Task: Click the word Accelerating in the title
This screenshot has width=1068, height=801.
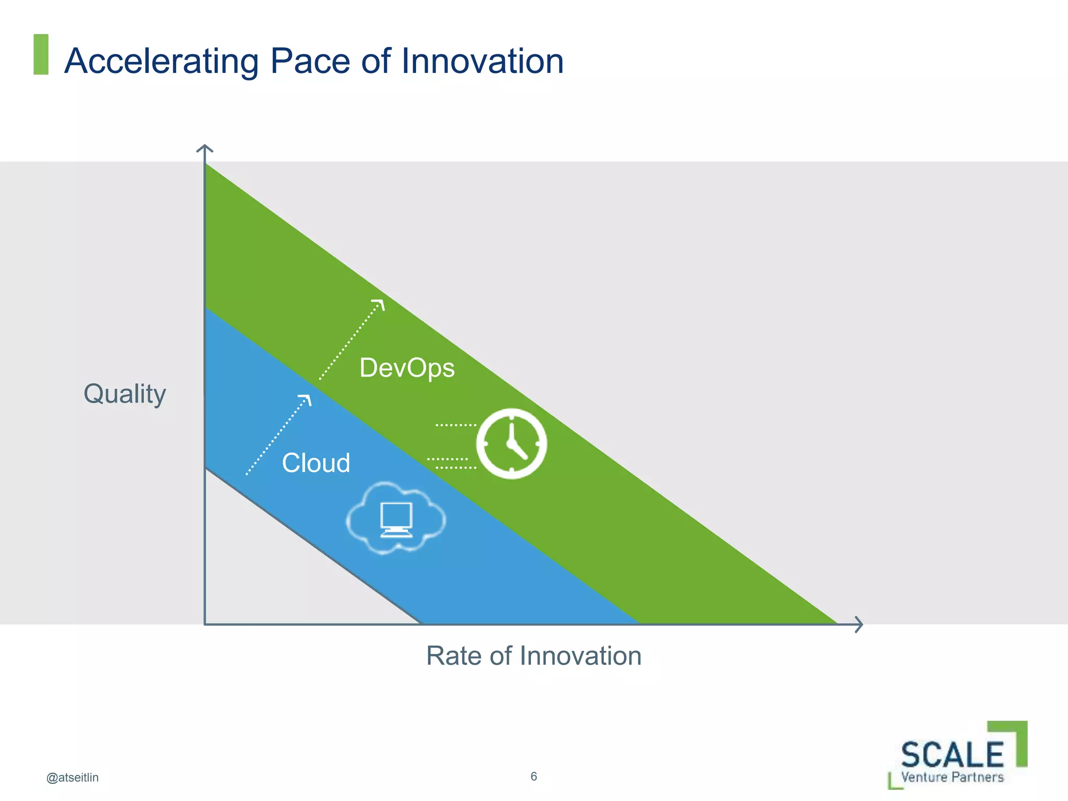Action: click(161, 62)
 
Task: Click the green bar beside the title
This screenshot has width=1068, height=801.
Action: click(41, 54)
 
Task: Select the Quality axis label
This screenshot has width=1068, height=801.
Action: click(125, 394)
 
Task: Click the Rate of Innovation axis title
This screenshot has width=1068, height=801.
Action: click(533, 656)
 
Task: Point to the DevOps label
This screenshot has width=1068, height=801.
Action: click(407, 368)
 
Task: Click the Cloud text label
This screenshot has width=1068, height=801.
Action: click(316, 463)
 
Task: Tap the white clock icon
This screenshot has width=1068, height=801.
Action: click(511, 443)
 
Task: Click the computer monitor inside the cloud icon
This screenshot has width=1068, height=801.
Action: click(396, 519)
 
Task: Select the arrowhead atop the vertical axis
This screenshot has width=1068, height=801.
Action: click(204, 149)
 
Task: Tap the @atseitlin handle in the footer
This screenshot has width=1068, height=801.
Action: click(72, 778)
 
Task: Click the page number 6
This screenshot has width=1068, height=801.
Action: click(533, 776)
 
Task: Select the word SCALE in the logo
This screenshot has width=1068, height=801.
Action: click(952, 755)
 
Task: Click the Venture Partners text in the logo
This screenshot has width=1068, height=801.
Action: click(952, 777)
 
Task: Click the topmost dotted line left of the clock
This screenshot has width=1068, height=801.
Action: click(455, 426)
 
